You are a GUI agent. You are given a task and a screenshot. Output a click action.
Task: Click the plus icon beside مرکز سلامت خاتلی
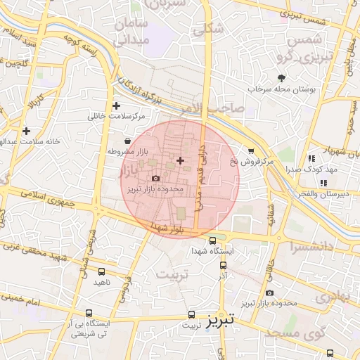pyautogui.click(x=116, y=105)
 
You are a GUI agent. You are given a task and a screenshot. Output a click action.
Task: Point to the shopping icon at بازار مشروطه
pyautogui.click(x=127, y=141)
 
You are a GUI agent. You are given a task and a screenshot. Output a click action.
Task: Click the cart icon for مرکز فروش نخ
pyautogui.click(x=252, y=151)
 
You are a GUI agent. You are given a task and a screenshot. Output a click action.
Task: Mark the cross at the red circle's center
pyautogui.click(x=180, y=161)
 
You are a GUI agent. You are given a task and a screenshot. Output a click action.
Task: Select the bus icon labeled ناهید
pyautogui.click(x=103, y=271)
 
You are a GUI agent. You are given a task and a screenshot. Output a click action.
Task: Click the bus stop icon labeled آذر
pyautogui.click(x=223, y=266)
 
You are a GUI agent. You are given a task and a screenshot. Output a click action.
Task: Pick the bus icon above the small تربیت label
pyautogui.click(x=191, y=316)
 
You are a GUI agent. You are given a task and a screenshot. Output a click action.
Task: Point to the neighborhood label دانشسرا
pyautogui.click(x=312, y=246)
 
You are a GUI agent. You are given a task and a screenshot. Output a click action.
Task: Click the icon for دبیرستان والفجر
pyautogui.click(x=323, y=184)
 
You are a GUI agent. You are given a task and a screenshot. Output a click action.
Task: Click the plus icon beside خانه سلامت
pyautogui.click(x=27, y=131)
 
